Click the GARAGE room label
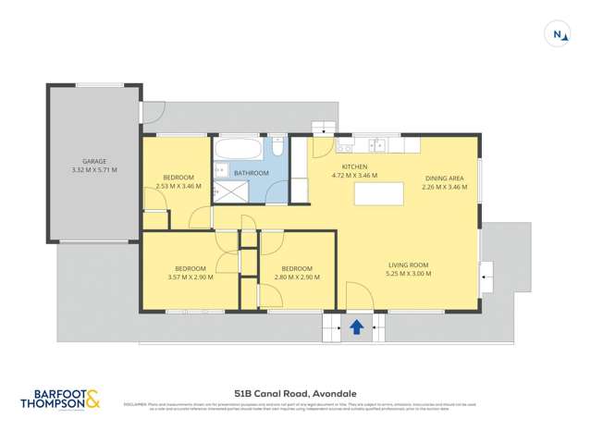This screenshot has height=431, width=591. [x=94, y=161]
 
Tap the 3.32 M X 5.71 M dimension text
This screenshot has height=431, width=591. [x=94, y=171]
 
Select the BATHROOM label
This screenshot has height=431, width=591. [x=251, y=174]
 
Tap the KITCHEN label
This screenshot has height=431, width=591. [x=355, y=166]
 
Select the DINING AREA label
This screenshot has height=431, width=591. [x=444, y=178]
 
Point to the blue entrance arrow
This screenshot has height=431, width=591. [x=356, y=327]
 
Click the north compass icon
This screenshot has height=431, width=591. [x=559, y=34]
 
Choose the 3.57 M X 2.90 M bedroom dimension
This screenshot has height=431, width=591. [x=191, y=277]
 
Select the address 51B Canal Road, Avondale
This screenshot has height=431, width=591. [x=296, y=391]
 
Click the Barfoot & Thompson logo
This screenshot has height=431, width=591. [x=60, y=399]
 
